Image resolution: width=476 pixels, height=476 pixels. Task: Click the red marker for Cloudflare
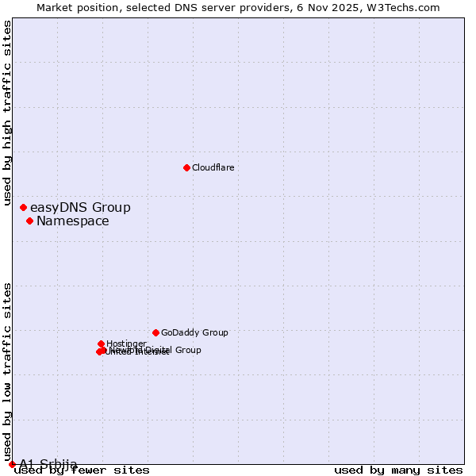point(186,167)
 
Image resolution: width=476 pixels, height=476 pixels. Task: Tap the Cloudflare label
point(213,167)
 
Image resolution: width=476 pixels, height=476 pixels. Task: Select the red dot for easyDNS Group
point(23,207)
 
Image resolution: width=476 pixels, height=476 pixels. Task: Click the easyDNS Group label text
point(80,208)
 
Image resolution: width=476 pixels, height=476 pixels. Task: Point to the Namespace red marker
point(29,221)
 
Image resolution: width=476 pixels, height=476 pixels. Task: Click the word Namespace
point(73,221)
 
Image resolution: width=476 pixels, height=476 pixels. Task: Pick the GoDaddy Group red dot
point(155,332)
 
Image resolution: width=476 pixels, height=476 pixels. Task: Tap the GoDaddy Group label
point(194,333)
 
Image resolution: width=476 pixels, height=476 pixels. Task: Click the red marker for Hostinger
point(102,344)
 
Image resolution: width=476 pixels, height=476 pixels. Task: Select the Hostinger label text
point(126,344)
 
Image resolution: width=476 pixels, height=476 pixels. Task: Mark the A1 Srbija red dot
point(12,464)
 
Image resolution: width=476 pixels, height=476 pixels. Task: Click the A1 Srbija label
point(48,464)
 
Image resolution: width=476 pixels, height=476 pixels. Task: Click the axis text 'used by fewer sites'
point(83,470)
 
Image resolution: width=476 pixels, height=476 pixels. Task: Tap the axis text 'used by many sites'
point(398,470)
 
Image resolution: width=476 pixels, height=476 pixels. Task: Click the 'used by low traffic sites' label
point(8,371)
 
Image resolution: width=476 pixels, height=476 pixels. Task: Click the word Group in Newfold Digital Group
point(188,350)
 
